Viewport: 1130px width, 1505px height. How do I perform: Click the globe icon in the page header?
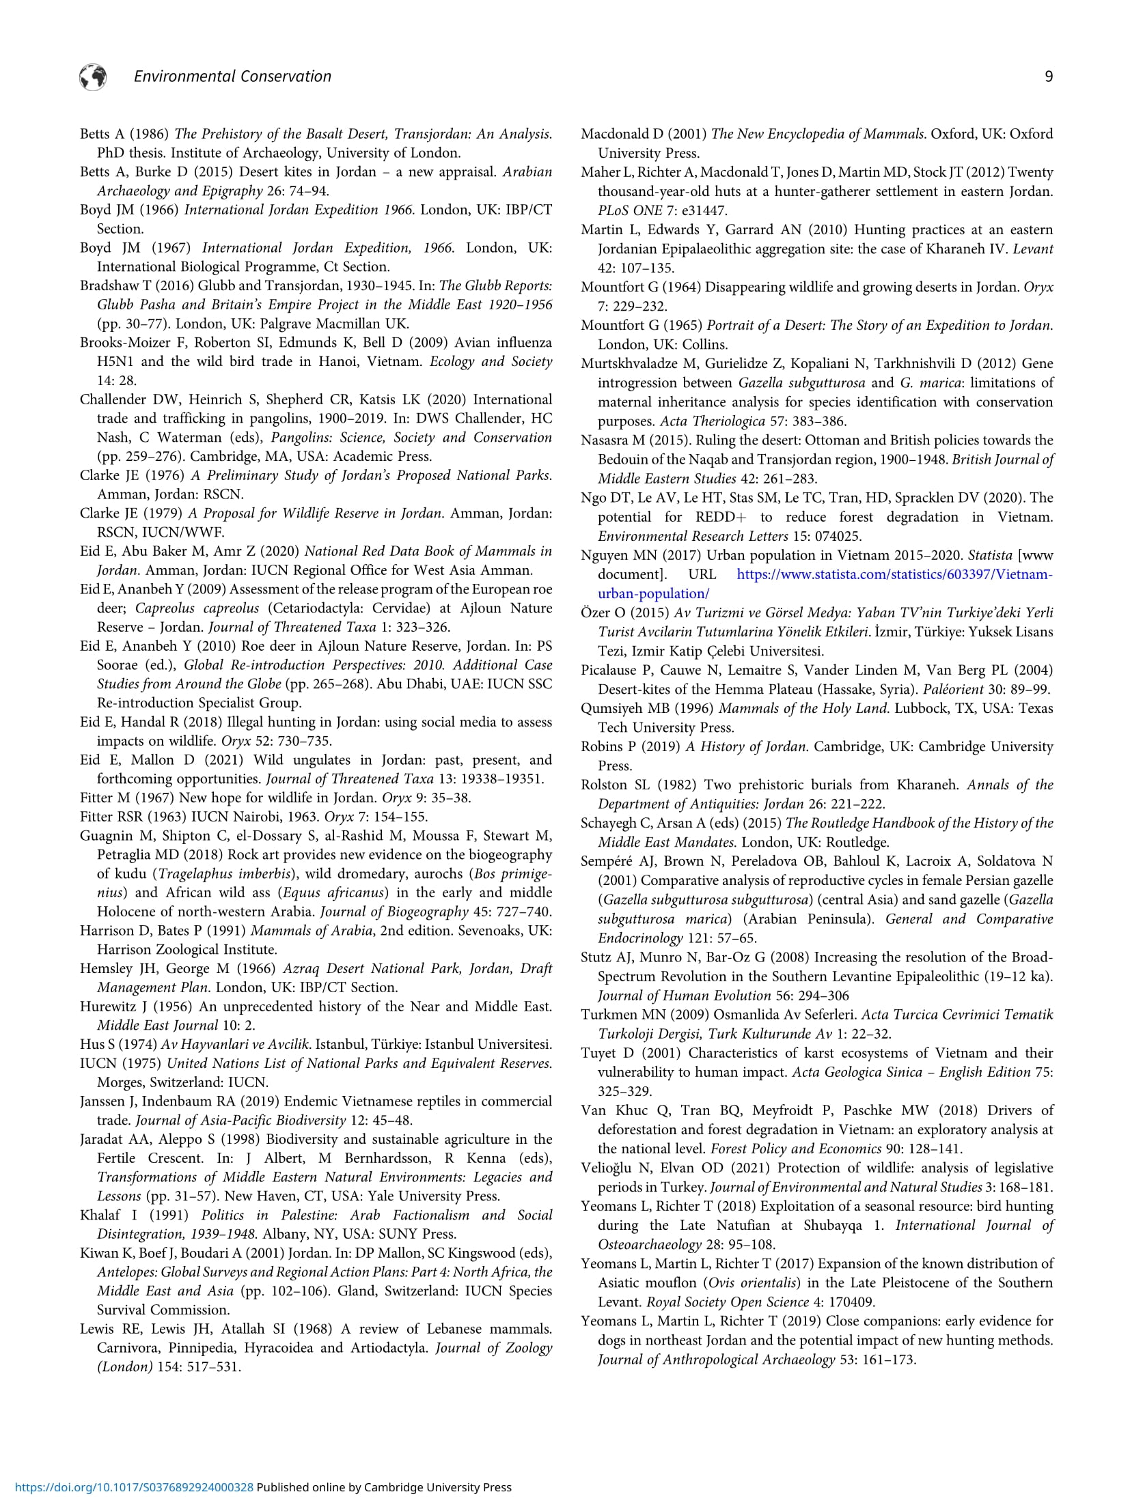click(93, 76)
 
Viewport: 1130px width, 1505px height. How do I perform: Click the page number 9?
click(1049, 76)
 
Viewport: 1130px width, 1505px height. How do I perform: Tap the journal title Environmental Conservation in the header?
click(232, 76)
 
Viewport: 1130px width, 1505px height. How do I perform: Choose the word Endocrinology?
click(640, 938)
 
